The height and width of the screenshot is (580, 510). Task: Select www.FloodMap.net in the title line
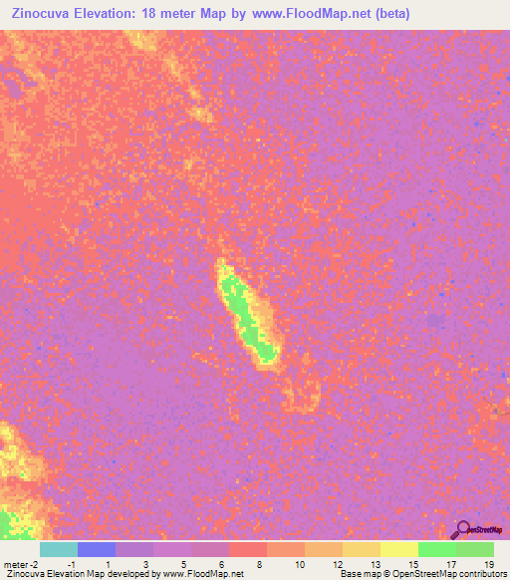309,14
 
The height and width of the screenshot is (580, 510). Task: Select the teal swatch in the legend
58,549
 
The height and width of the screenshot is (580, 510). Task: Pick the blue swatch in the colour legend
96,549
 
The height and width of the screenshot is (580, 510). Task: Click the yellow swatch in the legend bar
398,549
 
